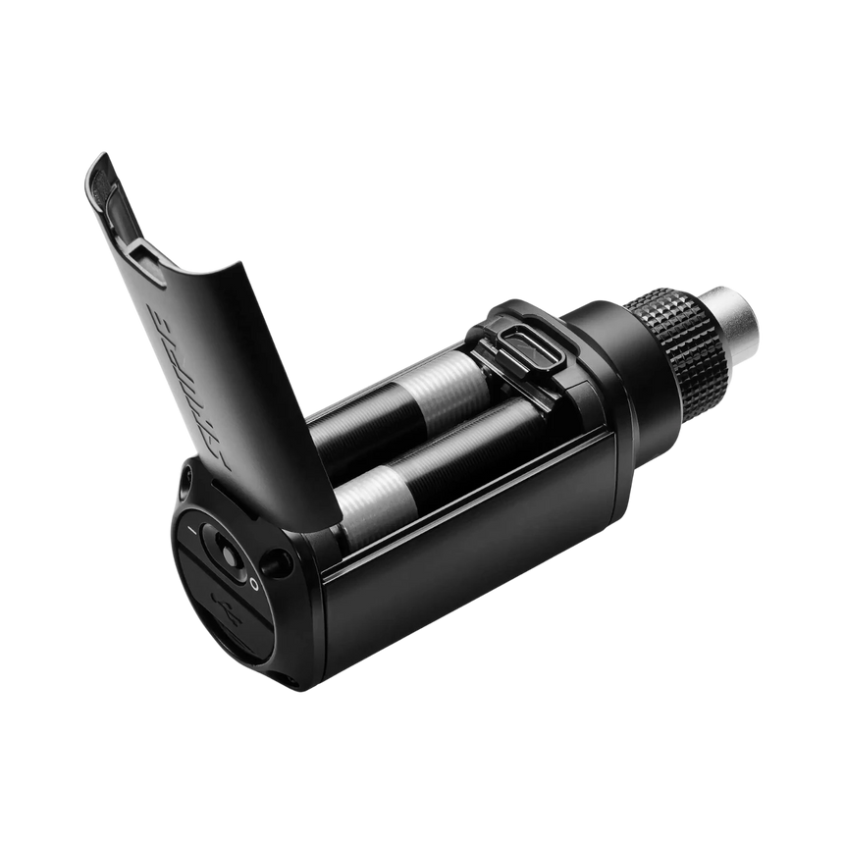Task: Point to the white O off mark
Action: click(x=252, y=582)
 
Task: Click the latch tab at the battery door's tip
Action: click(x=98, y=172)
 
